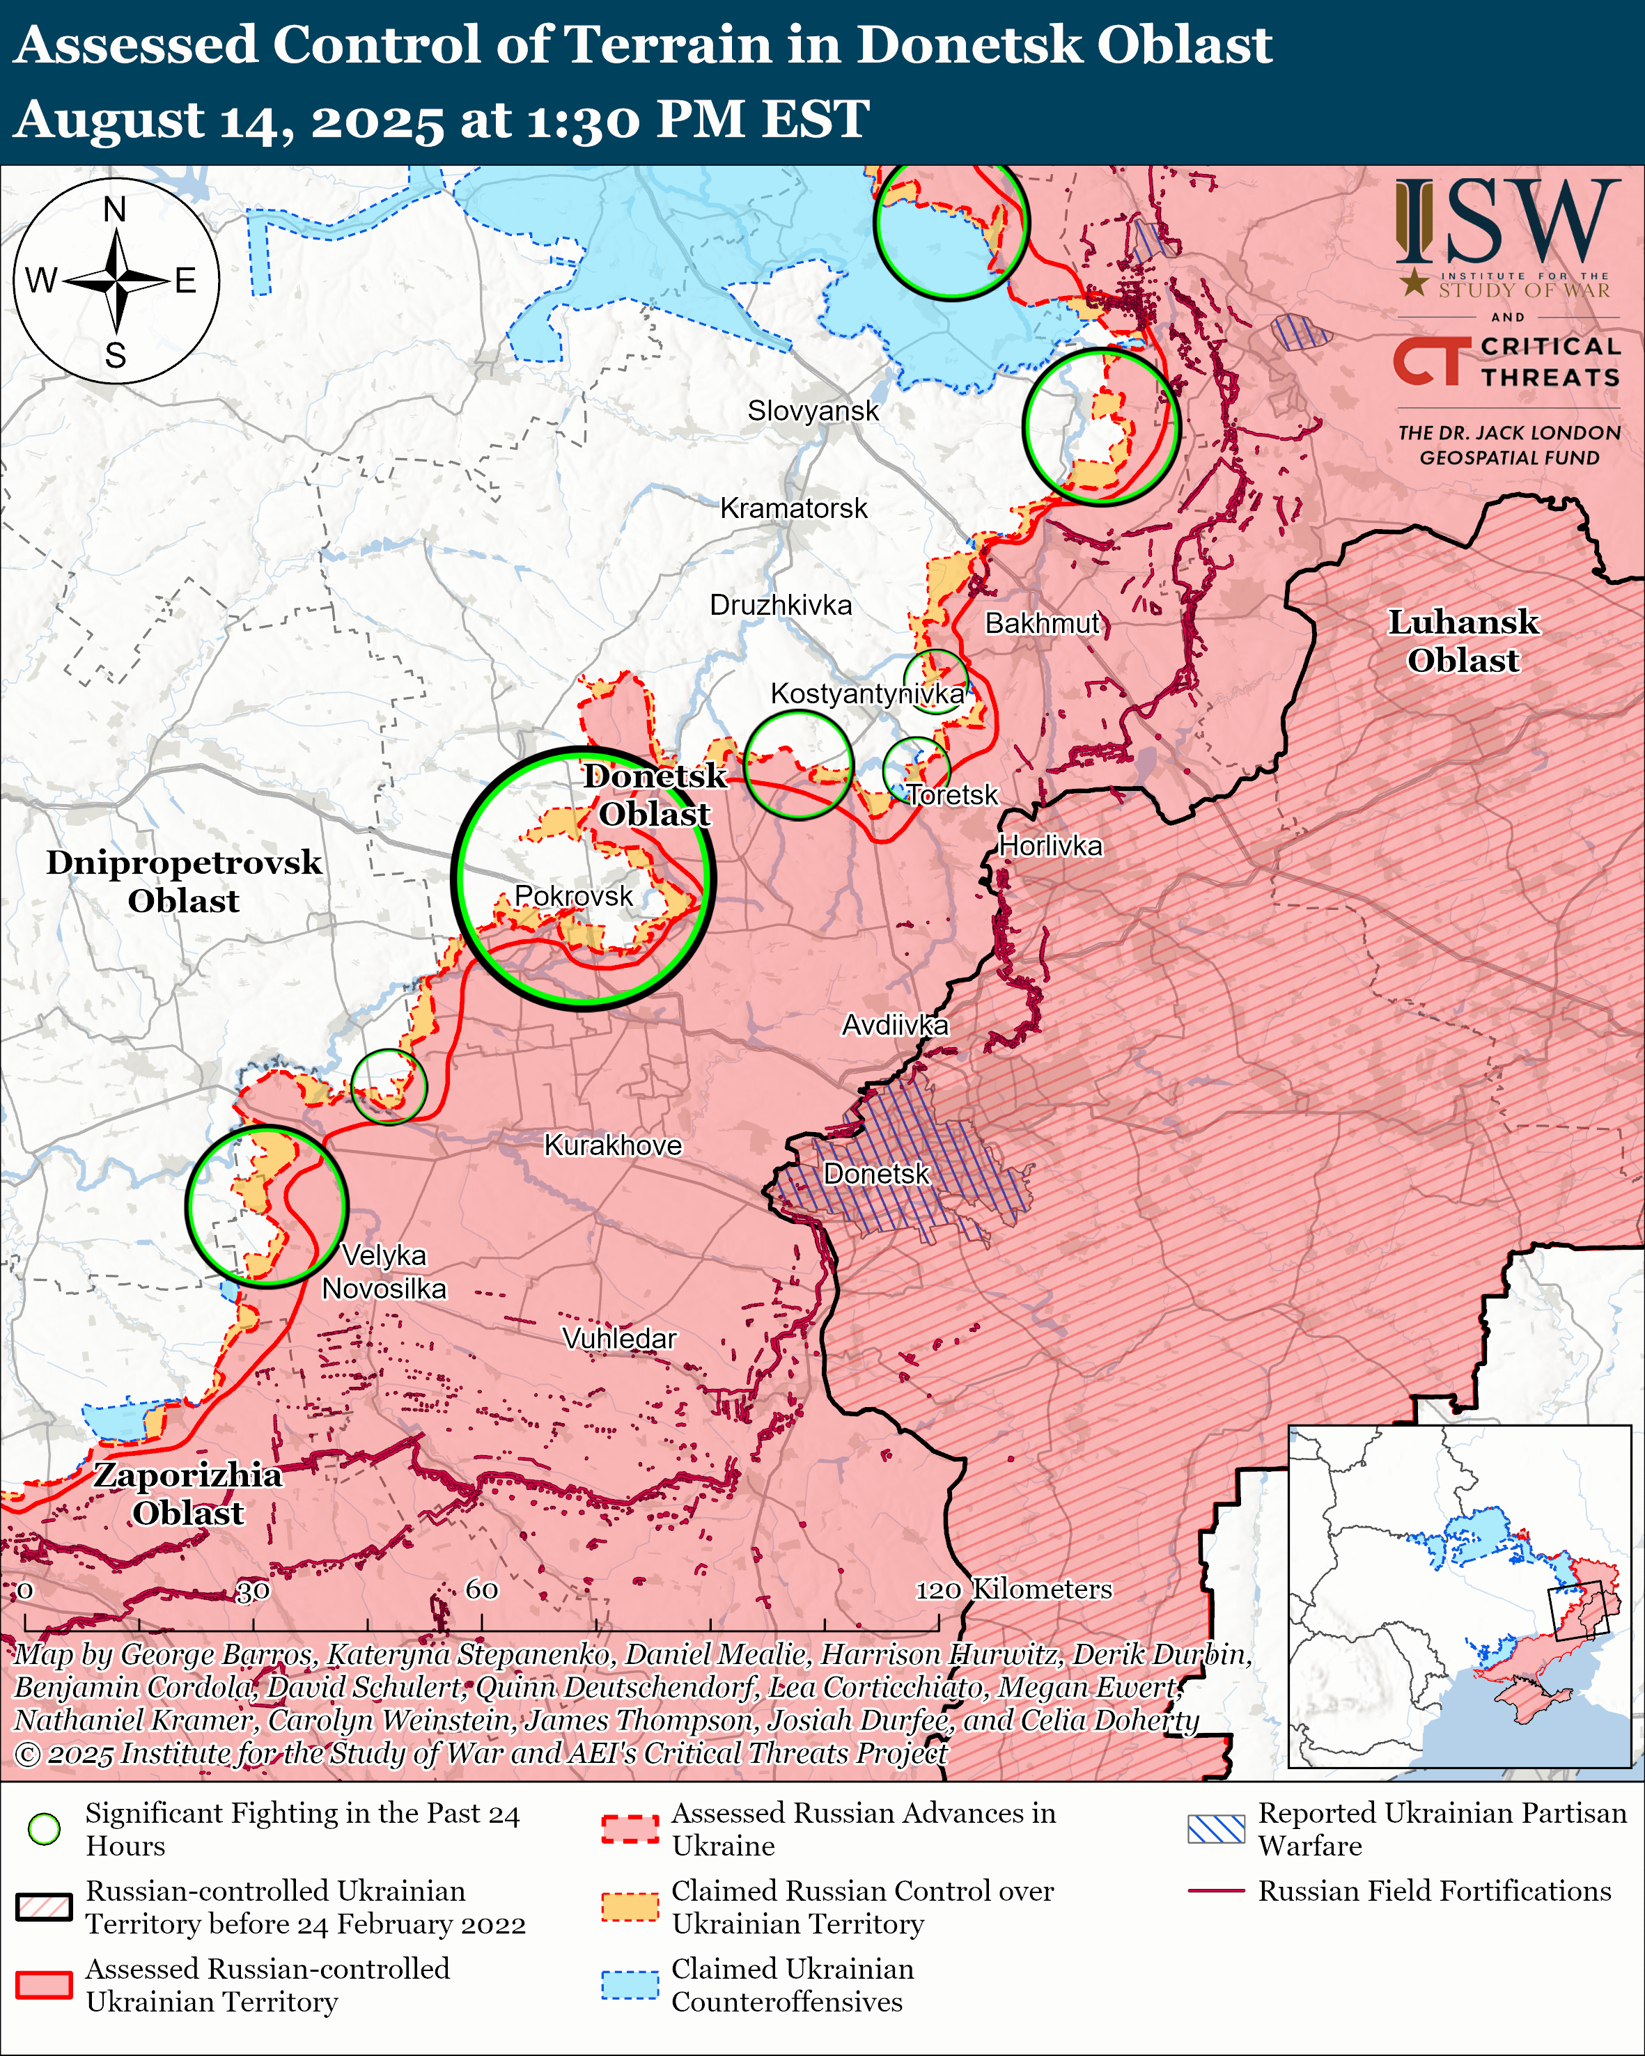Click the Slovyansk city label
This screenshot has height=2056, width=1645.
[813, 411]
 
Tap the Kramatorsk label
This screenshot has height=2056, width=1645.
[793, 508]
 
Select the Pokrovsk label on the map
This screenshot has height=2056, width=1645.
[573, 895]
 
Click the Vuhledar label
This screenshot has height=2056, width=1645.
[619, 1339]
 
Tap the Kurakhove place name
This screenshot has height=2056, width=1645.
[612, 1145]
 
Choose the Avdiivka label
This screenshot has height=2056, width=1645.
[894, 1025]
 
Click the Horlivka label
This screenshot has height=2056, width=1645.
[1050, 846]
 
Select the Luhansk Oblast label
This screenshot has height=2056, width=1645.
[1462, 641]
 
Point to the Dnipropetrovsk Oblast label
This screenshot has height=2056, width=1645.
[184, 881]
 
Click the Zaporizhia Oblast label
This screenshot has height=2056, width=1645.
[188, 1493]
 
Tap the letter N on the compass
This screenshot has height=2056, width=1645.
[114, 210]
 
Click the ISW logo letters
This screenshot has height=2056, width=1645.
[1506, 222]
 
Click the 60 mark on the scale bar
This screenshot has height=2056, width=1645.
[481, 1590]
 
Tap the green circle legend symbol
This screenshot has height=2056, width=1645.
[44, 1829]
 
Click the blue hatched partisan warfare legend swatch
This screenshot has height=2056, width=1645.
[1216, 1829]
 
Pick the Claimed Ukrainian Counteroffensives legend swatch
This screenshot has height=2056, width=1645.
[630, 1984]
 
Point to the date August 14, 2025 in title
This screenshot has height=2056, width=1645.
[229, 120]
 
